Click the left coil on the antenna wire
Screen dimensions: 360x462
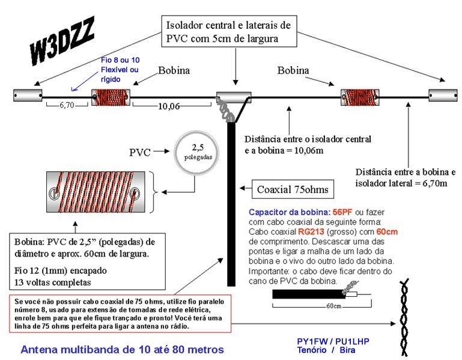[109, 96]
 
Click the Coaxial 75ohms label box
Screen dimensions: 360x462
[292, 190]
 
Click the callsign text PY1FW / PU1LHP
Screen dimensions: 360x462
[333, 341]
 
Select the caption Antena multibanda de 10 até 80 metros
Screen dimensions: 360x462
[122, 349]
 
